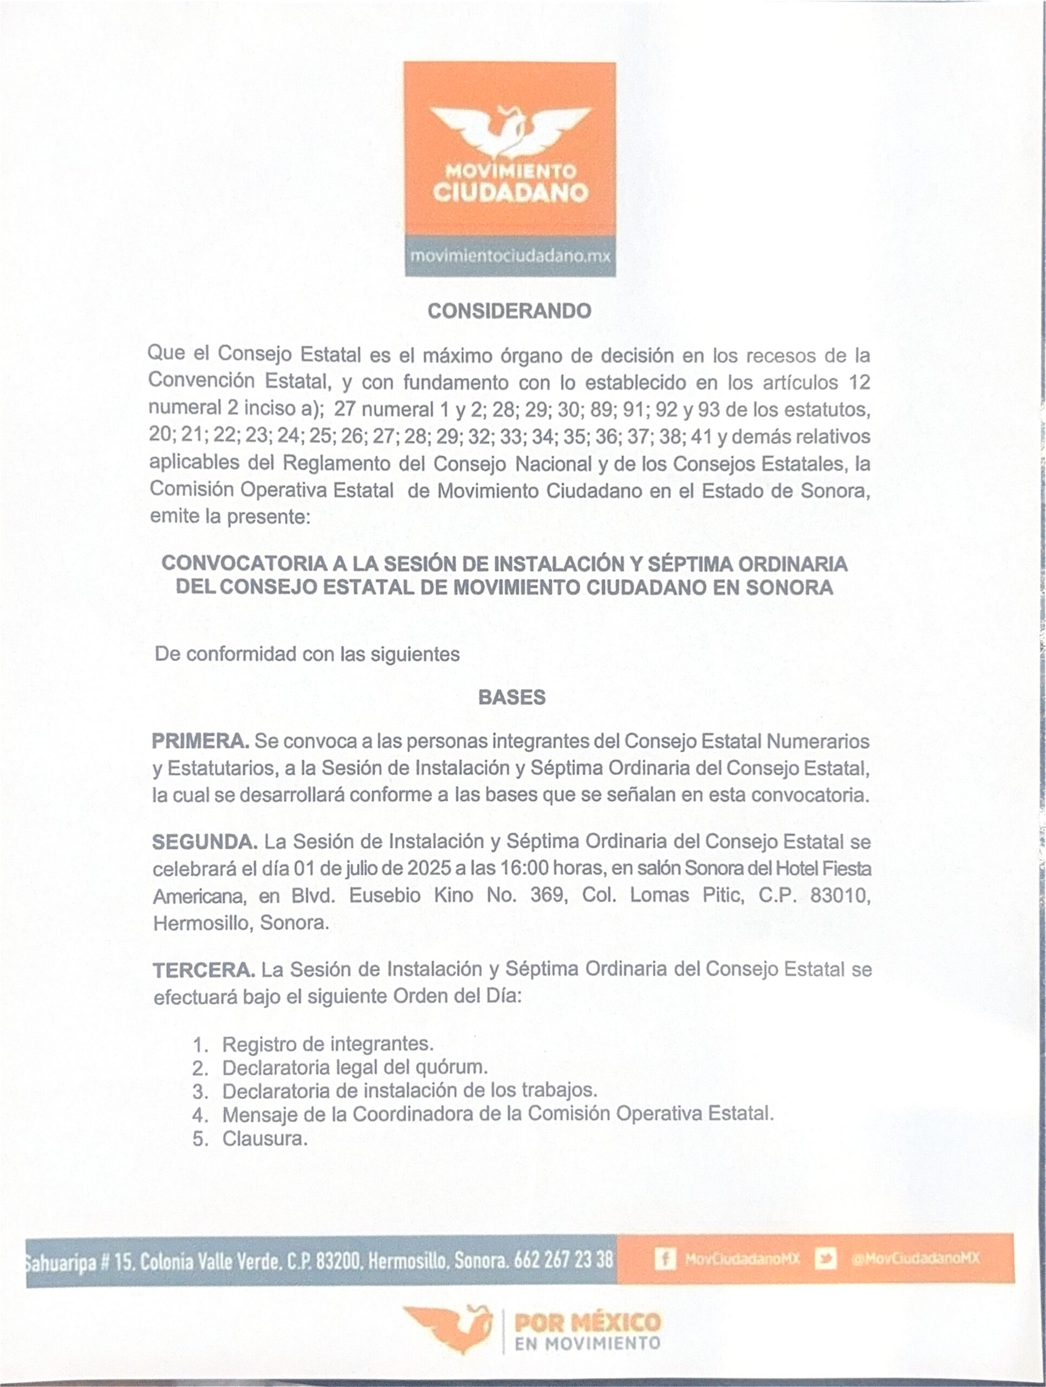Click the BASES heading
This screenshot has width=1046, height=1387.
(x=511, y=697)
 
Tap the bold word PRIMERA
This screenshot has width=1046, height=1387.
(x=200, y=741)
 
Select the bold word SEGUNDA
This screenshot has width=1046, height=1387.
(x=204, y=842)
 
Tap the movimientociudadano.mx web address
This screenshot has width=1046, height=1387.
(x=510, y=256)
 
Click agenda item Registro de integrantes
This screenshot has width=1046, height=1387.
(x=328, y=1044)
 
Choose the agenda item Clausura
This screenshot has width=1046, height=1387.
(x=264, y=1139)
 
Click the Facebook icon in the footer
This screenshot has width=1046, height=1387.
(x=665, y=1259)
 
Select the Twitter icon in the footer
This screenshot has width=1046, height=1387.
(x=826, y=1259)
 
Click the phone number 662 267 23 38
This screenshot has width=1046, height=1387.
(x=563, y=1260)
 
